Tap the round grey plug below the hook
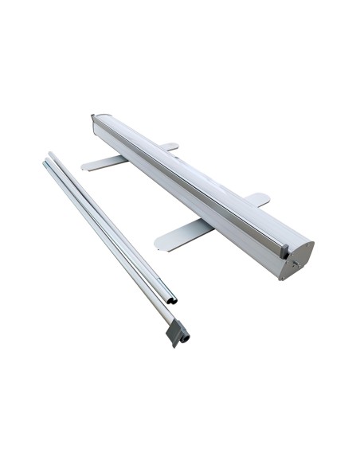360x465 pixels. click(x=186, y=338)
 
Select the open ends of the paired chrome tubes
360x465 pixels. click(x=171, y=299)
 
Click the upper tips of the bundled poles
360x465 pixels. click(x=48, y=161)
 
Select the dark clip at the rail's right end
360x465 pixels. click(x=282, y=248)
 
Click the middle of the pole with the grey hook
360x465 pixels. click(x=112, y=239)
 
